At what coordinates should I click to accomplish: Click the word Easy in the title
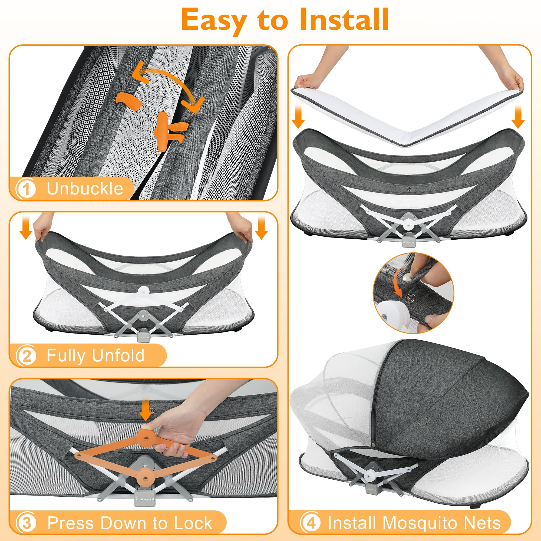(214, 19)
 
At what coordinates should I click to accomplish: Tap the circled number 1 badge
(27, 189)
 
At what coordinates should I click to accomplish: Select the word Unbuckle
(85, 189)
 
